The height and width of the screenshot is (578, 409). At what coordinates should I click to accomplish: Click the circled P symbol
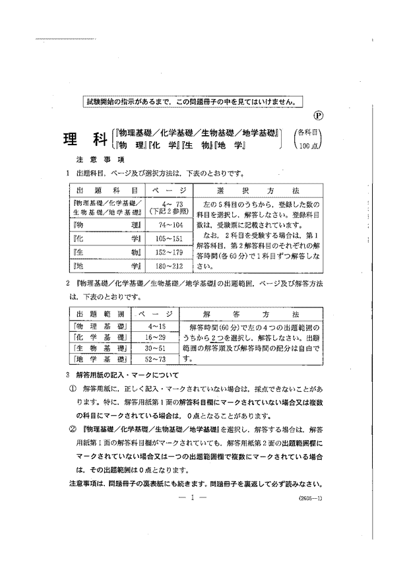318,114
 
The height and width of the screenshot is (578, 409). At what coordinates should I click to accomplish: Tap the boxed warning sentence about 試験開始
191,102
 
